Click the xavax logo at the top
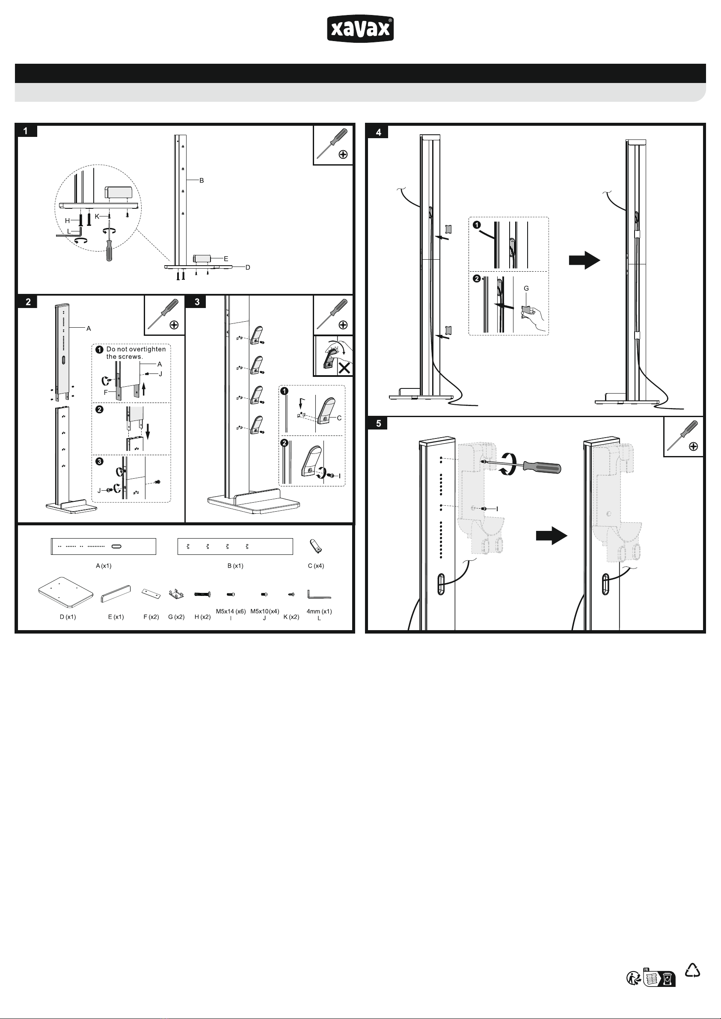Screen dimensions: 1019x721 click(x=360, y=29)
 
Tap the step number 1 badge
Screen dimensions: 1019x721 click(x=26, y=131)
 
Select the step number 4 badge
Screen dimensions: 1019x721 click(x=378, y=132)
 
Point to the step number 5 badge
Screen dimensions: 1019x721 click(x=378, y=424)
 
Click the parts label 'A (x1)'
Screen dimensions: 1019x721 click(x=104, y=566)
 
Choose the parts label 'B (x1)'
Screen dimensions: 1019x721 click(x=235, y=566)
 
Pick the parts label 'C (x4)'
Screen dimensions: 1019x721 click(x=316, y=566)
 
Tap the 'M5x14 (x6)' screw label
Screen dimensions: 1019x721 click(x=231, y=612)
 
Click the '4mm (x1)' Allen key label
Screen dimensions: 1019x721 click(x=319, y=612)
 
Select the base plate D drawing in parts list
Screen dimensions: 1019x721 click(x=66, y=592)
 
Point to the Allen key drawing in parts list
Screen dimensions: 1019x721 click(x=318, y=594)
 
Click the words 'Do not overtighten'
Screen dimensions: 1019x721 click(x=136, y=349)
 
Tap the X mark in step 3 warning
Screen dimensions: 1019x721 click(x=344, y=368)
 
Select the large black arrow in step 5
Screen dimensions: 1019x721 click(x=552, y=536)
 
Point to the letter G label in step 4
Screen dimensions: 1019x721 click(x=527, y=288)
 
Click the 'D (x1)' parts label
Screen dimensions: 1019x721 click(x=68, y=617)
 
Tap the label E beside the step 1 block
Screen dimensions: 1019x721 click(x=226, y=259)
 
